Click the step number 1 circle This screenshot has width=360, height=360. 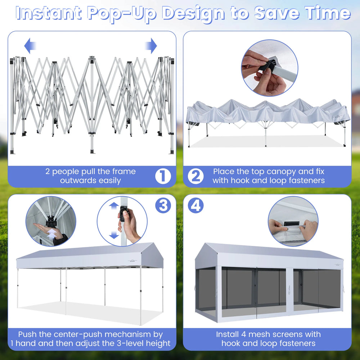point(163,176)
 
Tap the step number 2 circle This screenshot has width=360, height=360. point(195,176)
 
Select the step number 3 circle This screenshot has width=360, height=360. point(163,205)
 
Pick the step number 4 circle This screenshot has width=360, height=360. point(195,205)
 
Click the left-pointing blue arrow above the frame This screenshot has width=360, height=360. point(30,46)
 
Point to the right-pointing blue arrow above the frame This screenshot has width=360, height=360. point(151,46)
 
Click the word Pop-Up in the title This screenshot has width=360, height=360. point(122,14)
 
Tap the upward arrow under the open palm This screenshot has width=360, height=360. point(52,235)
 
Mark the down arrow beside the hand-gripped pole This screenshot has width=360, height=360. point(114,234)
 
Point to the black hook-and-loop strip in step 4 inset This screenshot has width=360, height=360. point(292,224)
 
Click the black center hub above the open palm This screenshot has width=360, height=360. point(51,222)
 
